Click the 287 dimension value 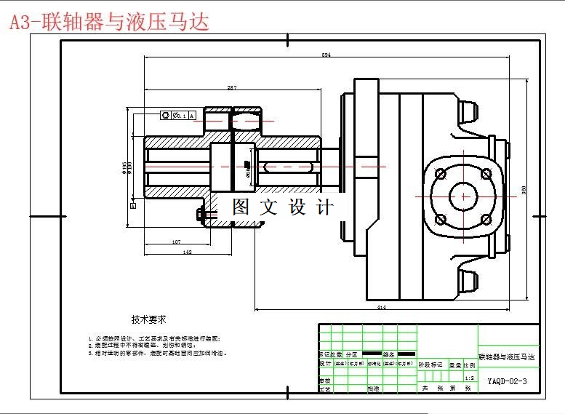pos(231,88)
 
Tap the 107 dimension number pos(176,242)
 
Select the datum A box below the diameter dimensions pos(133,206)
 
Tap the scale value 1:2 pos(469,378)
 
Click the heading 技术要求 pos(149,319)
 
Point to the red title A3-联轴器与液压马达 pos(109,23)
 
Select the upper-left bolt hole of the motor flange pos(441,173)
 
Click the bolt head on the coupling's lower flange pos(201,214)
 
